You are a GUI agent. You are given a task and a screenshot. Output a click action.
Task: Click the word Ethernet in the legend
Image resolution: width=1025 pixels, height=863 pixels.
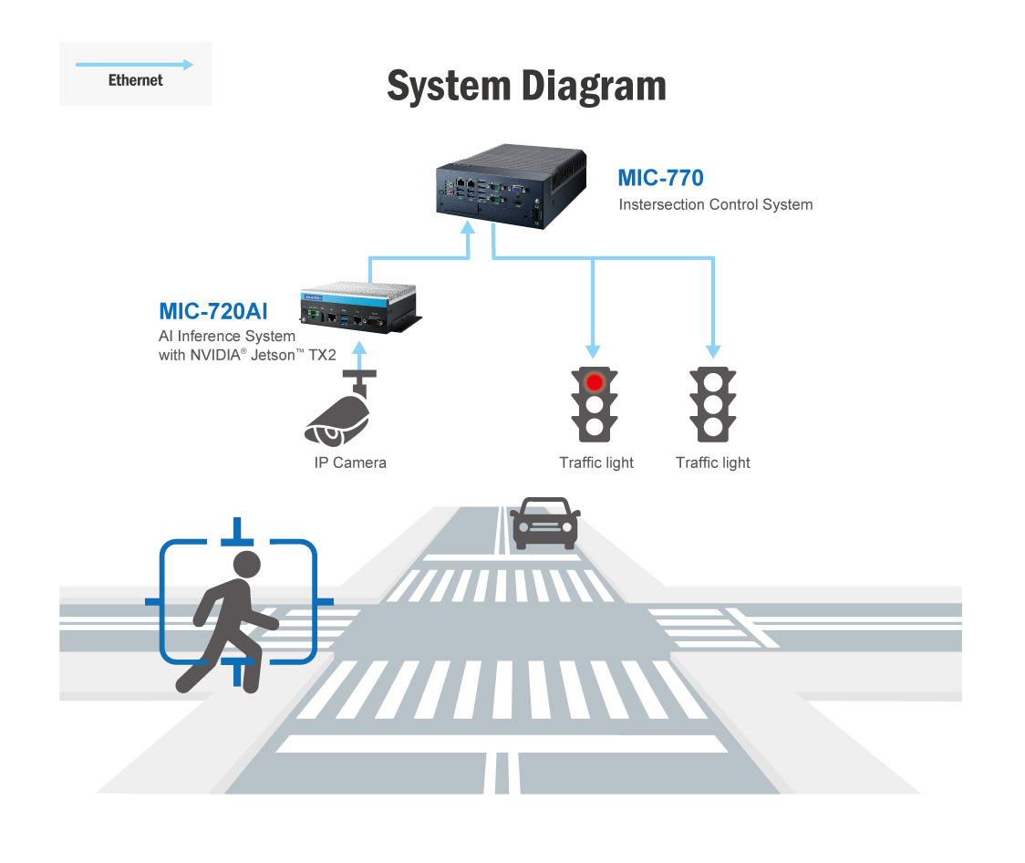click(x=135, y=80)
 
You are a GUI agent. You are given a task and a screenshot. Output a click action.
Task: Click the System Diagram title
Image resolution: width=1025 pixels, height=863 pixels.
click(x=526, y=86)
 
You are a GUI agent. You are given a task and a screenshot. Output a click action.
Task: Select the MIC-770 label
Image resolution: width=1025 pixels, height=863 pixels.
click(x=660, y=177)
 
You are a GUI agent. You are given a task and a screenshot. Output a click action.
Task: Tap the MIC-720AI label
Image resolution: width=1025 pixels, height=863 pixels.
click(x=214, y=310)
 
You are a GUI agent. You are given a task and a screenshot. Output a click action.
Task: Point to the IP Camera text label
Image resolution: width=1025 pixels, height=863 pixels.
click(x=350, y=463)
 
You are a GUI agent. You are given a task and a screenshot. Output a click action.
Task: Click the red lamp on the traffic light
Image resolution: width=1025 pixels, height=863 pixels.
click(x=595, y=380)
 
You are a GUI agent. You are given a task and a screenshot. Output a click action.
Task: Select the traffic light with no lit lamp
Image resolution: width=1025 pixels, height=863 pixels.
click(x=713, y=404)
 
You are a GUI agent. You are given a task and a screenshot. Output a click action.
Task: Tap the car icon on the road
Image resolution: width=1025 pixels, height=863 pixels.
click(x=544, y=523)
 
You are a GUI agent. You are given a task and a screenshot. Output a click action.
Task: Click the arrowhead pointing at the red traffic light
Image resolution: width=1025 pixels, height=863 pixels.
click(x=594, y=351)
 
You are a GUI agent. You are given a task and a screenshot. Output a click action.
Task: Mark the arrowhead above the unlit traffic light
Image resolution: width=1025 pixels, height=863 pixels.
click(x=713, y=351)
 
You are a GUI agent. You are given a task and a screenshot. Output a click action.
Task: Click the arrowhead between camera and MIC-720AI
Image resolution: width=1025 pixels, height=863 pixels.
click(x=360, y=348)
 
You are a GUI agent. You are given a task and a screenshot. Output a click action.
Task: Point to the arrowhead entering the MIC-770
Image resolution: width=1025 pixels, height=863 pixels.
click(x=468, y=227)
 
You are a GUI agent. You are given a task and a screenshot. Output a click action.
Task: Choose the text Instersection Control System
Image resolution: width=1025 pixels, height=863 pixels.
click(x=715, y=204)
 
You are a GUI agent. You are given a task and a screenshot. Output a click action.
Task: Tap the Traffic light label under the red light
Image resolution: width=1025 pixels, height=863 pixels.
click(x=596, y=463)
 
